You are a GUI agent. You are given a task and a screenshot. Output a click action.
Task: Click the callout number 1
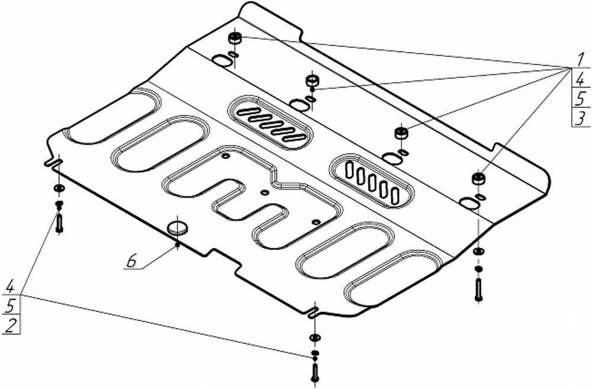point(578,61)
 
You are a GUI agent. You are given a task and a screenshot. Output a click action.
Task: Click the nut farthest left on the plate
point(234,38)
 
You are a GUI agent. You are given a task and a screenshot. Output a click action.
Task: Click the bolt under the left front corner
point(59,222)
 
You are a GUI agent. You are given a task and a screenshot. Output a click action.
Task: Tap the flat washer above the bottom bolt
point(314,338)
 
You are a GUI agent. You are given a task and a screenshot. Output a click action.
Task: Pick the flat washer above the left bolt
point(59,188)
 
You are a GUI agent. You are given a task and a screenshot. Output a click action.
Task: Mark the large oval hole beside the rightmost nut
point(468,203)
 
